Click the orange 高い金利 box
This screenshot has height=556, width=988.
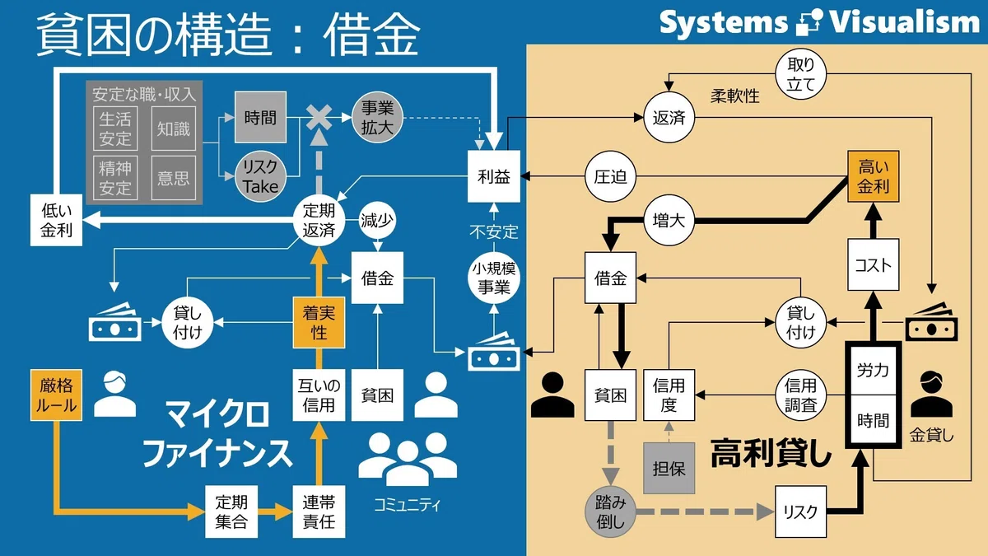point(873,176)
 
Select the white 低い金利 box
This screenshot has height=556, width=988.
point(56,220)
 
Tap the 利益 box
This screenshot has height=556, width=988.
point(494,176)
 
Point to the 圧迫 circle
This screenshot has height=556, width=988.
point(610,176)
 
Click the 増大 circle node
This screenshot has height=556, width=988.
point(669,220)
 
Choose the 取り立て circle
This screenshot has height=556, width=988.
point(800,74)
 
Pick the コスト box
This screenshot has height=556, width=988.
point(873,264)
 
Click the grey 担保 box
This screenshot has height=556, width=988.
point(669,468)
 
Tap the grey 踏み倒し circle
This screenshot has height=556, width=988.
point(610,512)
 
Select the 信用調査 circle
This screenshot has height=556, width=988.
point(800,395)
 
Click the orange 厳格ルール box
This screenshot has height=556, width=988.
point(56,395)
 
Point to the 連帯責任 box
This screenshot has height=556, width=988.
point(319,512)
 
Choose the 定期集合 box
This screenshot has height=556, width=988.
point(231,512)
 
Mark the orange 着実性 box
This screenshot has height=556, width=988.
point(319,323)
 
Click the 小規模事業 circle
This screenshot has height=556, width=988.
point(494,278)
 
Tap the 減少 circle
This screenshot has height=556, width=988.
point(377,220)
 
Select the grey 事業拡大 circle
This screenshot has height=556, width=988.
point(377,118)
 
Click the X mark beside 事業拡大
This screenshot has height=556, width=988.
point(319,117)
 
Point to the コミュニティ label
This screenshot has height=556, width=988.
point(407,505)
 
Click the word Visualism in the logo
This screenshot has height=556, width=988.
point(905,21)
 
